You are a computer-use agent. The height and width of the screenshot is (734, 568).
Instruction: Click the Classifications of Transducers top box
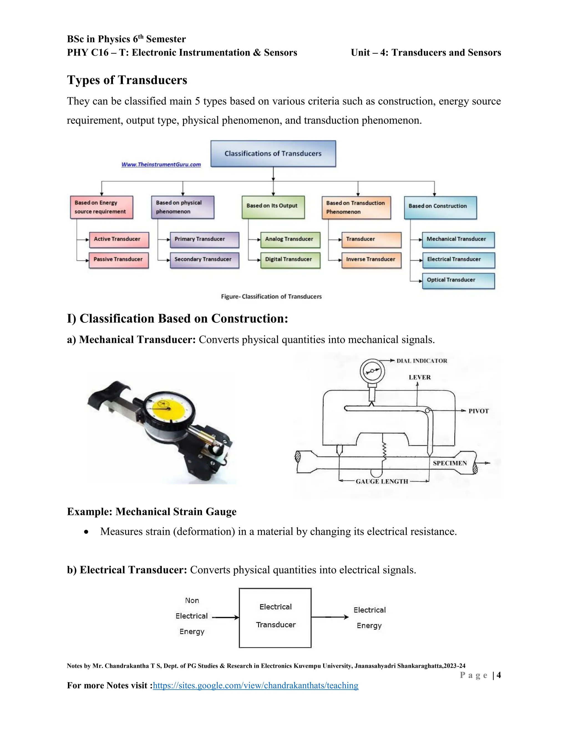(273, 154)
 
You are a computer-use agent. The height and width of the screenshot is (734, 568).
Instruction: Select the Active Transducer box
(119, 239)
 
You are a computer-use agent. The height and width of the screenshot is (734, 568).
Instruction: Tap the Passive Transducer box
(119, 260)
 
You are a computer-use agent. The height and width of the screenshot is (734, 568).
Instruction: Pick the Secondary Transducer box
(204, 260)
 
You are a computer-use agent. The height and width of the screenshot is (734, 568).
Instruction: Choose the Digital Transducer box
(290, 260)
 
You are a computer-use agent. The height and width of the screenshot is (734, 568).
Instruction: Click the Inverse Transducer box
(371, 260)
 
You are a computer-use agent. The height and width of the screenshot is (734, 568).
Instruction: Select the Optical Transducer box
(458, 280)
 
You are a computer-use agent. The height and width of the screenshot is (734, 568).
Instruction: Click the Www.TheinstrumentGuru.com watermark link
(161, 165)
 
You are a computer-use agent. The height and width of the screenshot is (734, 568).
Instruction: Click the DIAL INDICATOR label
(422, 361)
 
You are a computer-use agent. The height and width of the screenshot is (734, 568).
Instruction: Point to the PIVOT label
(478, 411)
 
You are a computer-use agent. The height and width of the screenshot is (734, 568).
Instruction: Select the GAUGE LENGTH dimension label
(382, 482)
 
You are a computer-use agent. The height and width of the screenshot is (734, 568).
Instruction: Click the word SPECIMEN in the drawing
(450, 463)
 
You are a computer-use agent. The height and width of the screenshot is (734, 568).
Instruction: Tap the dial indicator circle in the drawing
(372, 371)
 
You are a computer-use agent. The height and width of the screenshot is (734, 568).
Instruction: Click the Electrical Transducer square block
(275, 618)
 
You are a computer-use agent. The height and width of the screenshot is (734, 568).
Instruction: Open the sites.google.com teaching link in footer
(255, 686)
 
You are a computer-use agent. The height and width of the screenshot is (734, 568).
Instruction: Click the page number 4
(498, 675)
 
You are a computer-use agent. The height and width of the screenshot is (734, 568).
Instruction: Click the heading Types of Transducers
(127, 80)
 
